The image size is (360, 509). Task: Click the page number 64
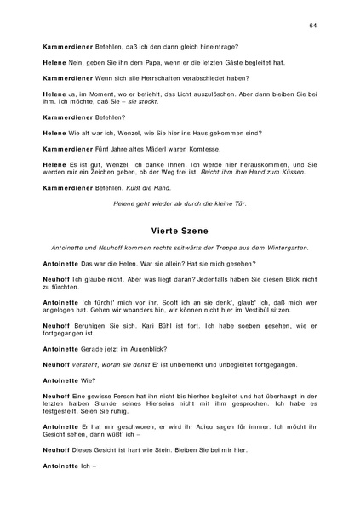click(x=312, y=27)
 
